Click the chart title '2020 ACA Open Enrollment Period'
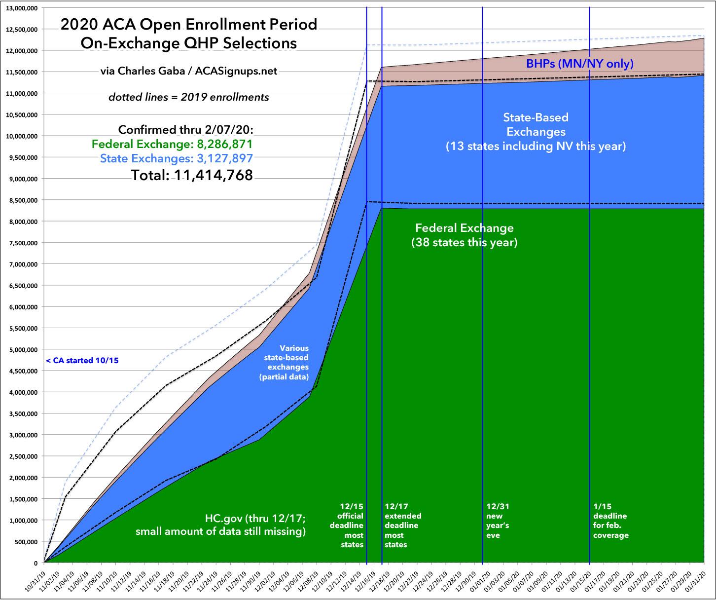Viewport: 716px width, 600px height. point(189,25)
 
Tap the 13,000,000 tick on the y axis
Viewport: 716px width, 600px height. point(23,8)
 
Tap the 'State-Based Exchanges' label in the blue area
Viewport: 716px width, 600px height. point(536,125)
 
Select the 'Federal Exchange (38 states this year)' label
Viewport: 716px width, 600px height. point(464,235)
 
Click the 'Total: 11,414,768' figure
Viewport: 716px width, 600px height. point(191,175)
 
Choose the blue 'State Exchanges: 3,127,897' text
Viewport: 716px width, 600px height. point(177,159)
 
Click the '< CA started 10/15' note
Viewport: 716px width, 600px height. point(82,360)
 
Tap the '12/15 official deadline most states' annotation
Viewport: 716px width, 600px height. point(352,525)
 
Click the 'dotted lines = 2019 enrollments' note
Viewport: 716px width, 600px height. point(189,97)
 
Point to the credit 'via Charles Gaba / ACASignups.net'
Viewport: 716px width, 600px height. point(189,72)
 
